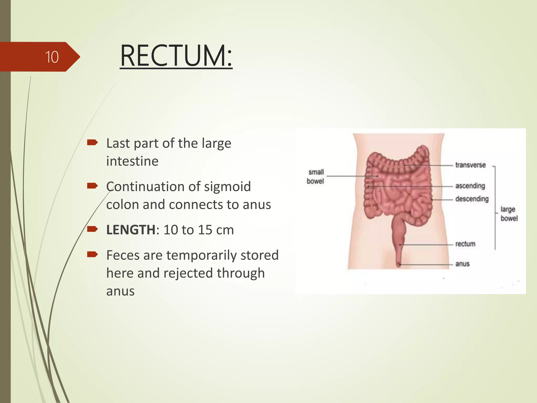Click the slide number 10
pos(52,57)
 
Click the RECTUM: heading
pos(176,56)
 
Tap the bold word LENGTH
pos(131,230)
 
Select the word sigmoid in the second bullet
pos(227,187)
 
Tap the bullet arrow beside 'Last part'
pos(92,142)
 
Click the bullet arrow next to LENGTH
pos(92,229)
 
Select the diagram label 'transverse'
pos(470,165)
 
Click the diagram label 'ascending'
pos(470,186)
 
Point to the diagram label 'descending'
pos(472,199)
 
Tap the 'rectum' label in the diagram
pos(465,244)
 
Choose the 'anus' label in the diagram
pos(462,264)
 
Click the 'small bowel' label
pos(315,177)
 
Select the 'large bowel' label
pos(509,214)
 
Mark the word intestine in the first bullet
pos(132,161)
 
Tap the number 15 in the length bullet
pos(205,230)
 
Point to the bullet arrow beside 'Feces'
pos(92,254)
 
